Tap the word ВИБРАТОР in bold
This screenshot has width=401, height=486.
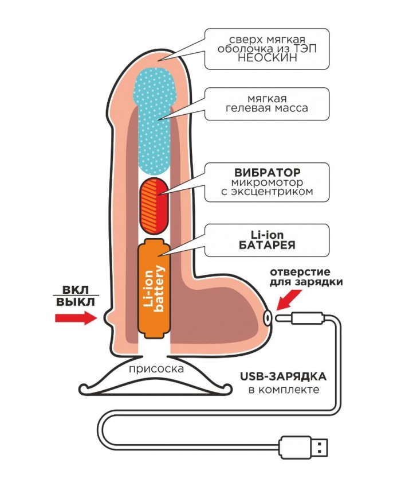click(x=267, y=172)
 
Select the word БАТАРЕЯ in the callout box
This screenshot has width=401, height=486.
click(x=267, y=245)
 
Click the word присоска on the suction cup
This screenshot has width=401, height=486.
click(x=156, y=369)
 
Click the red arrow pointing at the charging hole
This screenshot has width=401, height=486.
click(x=289, y=300)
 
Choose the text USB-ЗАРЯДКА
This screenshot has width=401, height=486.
click(x=283, y=376)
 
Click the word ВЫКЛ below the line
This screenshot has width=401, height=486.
click(x=76, y=302)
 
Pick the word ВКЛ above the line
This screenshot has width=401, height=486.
click(x=76, y=290)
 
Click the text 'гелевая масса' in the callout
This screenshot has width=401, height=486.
click(x=267, y=108)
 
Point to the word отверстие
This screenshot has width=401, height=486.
click(x=300, y=272)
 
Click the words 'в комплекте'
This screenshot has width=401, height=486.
click(x=284, y=390)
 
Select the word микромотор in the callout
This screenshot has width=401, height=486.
click(x=267, y=182)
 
